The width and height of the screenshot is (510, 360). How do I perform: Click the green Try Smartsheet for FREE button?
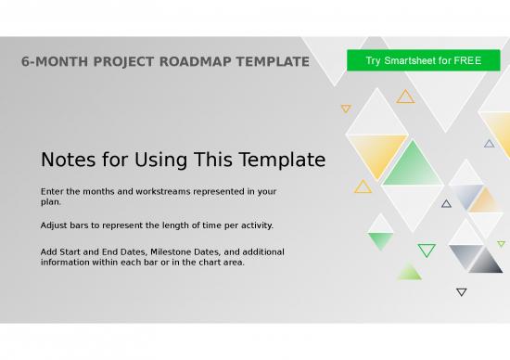(x=424, y=61)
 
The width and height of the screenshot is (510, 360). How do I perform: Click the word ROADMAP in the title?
(x=198, y=62)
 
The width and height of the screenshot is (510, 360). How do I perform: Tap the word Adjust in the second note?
(x=56, y=225)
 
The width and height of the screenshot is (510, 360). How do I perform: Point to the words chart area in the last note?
(x=219, y=262)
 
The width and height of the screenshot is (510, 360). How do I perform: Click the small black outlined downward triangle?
(x=462, y=292)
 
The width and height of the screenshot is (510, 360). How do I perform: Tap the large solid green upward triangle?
(x=413, y=167)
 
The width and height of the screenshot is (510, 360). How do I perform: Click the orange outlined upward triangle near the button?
(x=405, y=96)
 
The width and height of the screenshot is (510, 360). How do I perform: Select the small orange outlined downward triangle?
(x=346, y=109)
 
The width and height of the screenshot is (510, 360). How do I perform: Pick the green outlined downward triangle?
(x=427, y=250)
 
